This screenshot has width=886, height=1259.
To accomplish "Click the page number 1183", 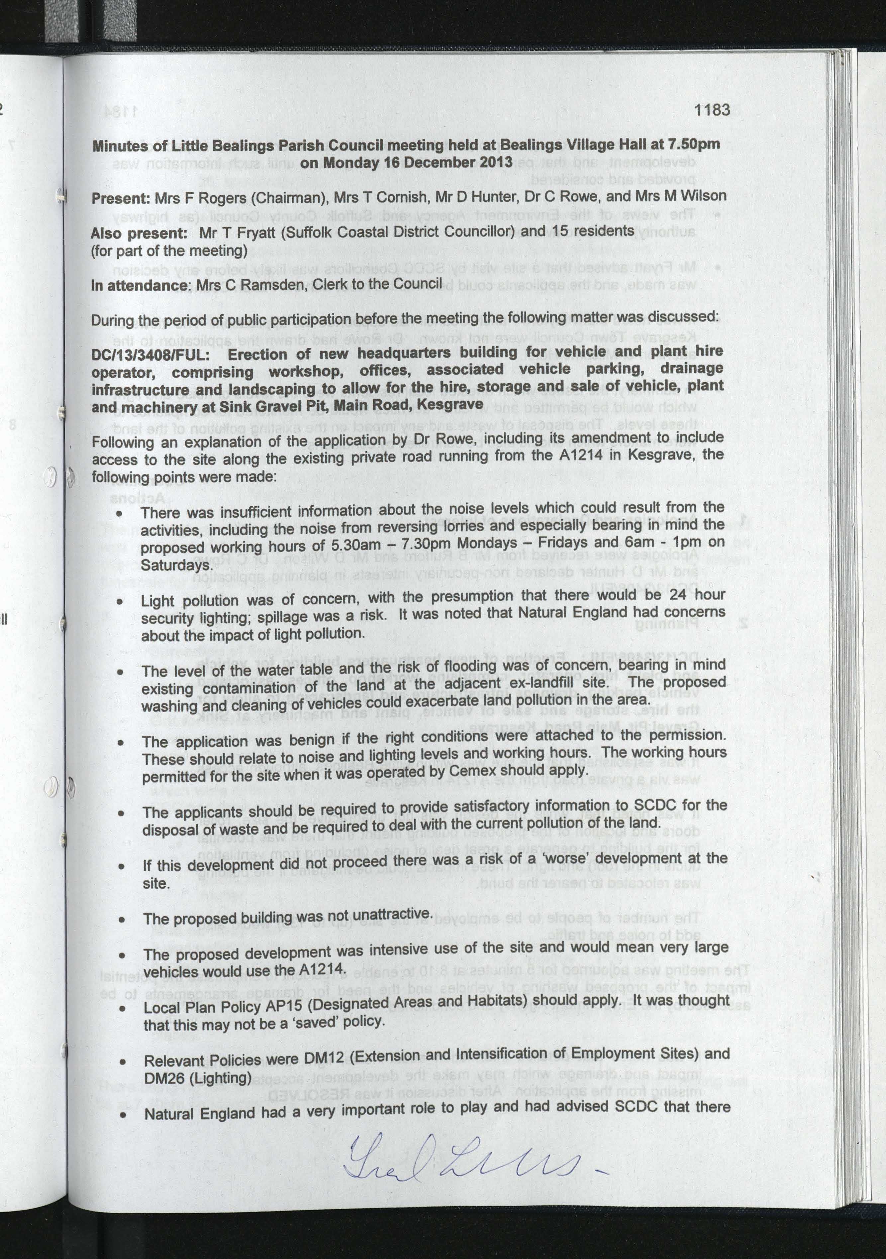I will [x=712, y=110].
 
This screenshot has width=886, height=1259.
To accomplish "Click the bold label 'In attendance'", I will [x=139, y=285].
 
